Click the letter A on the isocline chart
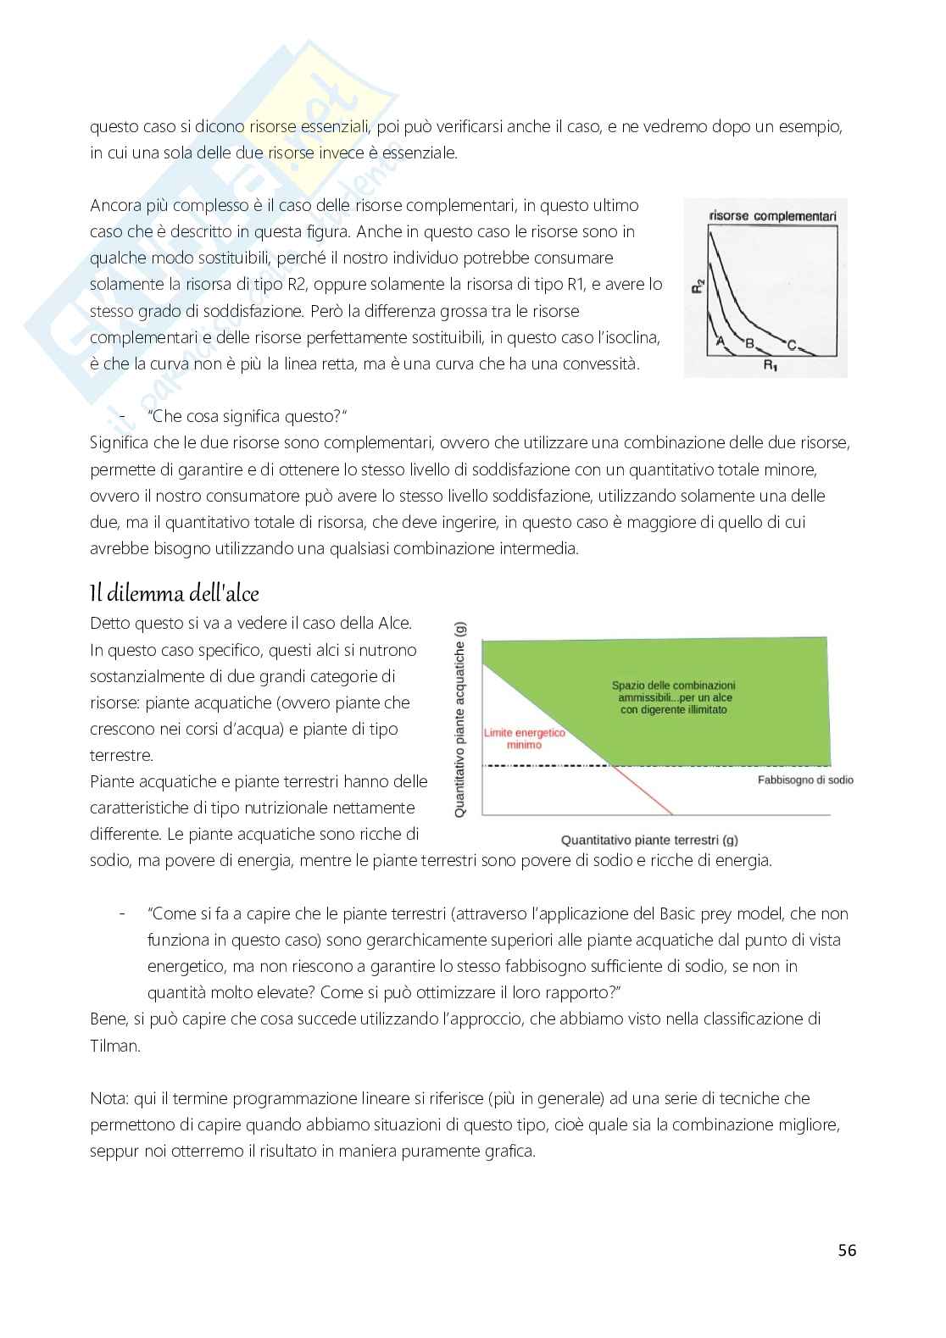(721, 341)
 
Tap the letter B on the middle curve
(749, 342)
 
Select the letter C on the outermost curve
(791, 344)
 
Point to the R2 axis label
(698, 286)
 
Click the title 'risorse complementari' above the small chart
(771, 216)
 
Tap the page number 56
(846, 1250)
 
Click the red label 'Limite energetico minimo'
(524, 738)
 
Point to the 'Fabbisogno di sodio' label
(804, 780)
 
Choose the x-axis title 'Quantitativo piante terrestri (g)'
(648, 840)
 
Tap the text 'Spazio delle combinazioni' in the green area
(673, 686)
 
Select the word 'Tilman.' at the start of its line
(114, 1045)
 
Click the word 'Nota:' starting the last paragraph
(109, 1098)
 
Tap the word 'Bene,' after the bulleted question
(109, 1019)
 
